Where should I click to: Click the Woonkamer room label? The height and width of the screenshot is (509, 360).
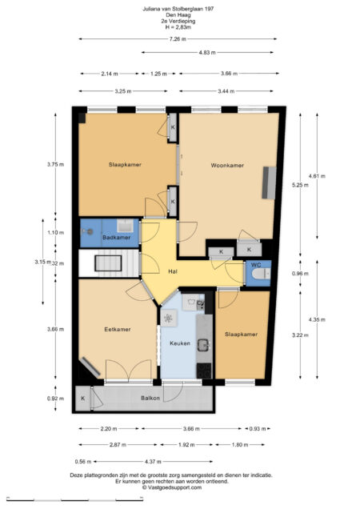(x=227, y=165)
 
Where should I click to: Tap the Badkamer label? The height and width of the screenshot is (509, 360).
(x=117, y=238)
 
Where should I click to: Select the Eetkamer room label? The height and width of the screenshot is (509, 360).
(x=118, y=329)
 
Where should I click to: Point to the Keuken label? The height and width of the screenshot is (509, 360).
(x=180, y=343)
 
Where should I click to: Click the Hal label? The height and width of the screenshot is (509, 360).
(x=173, y=271)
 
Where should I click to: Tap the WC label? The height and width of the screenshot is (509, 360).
(x=256, y=265)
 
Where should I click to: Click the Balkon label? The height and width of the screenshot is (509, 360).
(x=150, y=398)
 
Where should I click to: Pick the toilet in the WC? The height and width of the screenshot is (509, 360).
(x=261, y=275)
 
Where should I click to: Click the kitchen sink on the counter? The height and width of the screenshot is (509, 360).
(x=203, y=345)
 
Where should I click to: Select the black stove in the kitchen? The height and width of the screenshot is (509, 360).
(x=204, y=371)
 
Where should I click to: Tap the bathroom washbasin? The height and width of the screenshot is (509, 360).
(x=125, y=226)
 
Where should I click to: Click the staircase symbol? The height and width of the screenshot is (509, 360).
(x=109, y=263)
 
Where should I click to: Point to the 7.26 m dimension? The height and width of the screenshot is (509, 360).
(x=178, y=39)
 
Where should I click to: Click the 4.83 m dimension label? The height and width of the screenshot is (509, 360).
(x=207, y=52)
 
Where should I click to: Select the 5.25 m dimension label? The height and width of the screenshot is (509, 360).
(x=300, y=185)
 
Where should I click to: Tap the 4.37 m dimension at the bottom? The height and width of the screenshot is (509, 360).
(x=153, y=461)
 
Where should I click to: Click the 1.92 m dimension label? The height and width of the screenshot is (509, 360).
(x=186, y=445)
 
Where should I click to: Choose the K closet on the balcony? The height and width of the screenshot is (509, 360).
(x=82, y=399)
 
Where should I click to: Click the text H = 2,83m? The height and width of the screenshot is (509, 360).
(x=178, y=27)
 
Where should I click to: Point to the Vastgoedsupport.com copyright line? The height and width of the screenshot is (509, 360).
(x=172, y=487)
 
